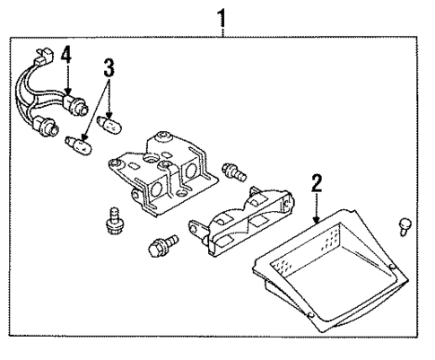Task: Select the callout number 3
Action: (x=109, y=66)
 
